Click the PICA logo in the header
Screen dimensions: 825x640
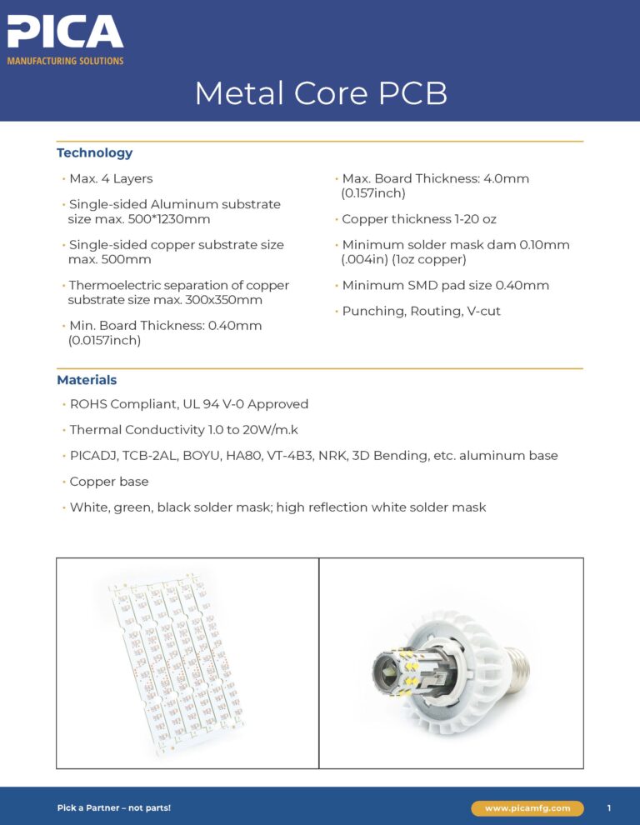pos(65,33)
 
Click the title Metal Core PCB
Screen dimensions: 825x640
pos(321,93)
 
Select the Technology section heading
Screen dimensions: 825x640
pos(94,152)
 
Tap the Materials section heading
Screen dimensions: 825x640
pos(87,380)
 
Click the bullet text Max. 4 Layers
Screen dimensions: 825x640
pos(111,178)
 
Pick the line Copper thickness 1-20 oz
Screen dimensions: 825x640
pos(419,219)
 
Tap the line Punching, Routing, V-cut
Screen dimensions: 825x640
pos(421,311)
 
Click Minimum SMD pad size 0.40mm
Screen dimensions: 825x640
pos(445,285)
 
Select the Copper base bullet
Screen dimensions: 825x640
pos(107,482)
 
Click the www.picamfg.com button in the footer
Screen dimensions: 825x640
pos(527,808)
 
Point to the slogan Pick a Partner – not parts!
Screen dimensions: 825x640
pos(113,808)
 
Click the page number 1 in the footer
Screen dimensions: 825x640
pos(609,808)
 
